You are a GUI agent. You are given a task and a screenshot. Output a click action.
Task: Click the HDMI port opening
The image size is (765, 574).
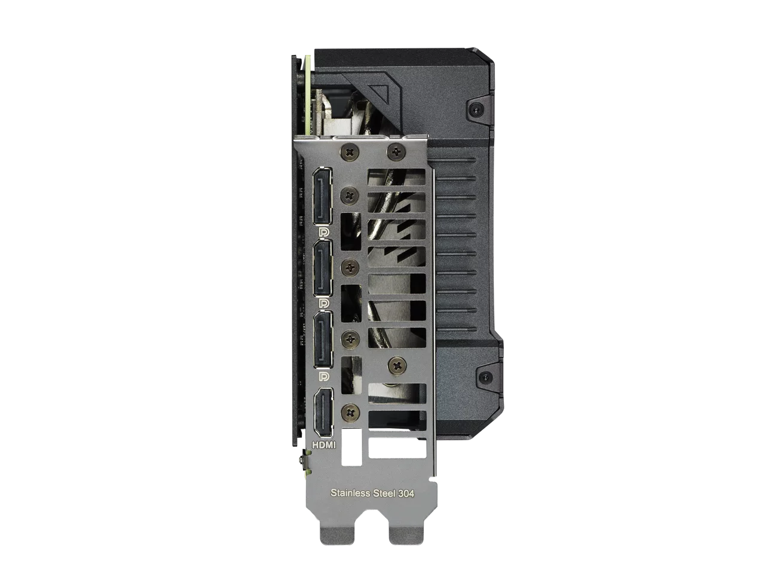(324, 413)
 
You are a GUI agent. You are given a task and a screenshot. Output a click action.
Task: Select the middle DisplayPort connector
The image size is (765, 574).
(323, 268)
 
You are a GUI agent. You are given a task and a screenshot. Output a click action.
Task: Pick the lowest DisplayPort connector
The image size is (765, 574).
(323, 339)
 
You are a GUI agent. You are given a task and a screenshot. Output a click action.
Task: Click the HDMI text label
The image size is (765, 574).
(324, 445)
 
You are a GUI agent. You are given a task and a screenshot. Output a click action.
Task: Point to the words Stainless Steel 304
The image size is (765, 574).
(372, 493)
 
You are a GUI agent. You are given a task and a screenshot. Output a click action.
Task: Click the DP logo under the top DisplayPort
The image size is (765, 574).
(324, 232)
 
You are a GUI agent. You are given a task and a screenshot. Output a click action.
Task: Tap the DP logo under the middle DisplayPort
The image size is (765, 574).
(324, 304)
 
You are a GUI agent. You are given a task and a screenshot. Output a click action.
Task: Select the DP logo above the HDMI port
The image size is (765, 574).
(324, 376)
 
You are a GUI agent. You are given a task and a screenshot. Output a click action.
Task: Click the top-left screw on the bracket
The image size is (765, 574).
(350, 152)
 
